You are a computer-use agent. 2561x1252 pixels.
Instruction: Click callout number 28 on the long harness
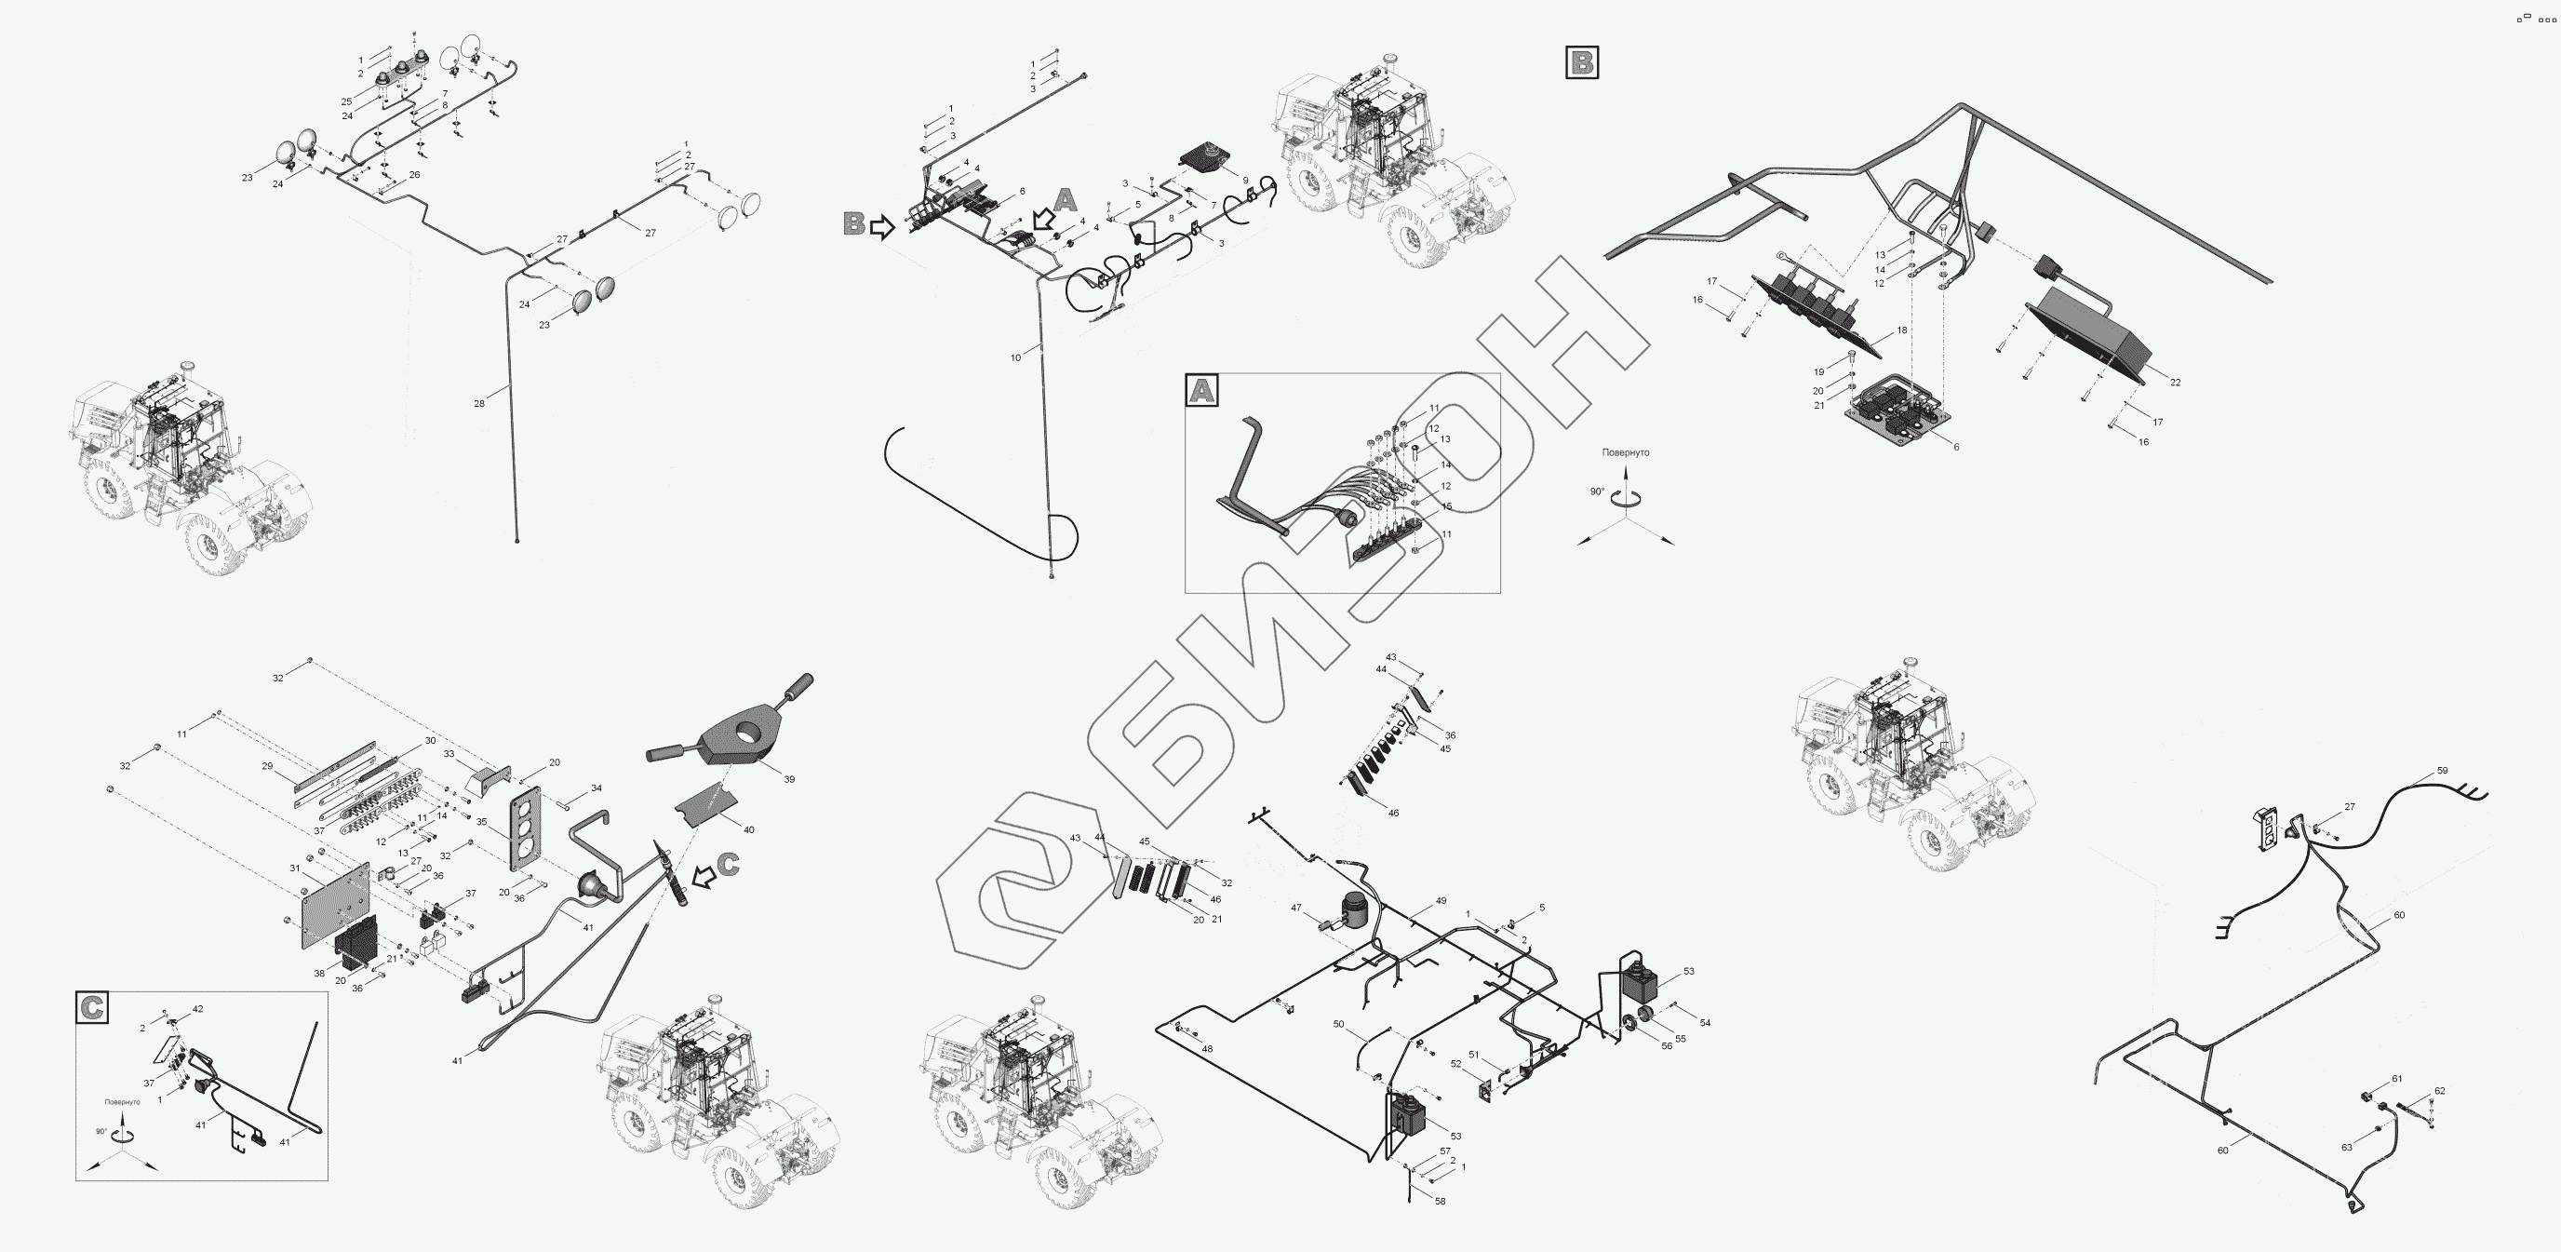[x=479, y=404]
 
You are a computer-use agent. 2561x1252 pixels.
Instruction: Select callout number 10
[x=1015, y=358]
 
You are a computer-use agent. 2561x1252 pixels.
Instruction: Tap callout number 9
[x=1245, y=181]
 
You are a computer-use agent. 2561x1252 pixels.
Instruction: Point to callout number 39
[x=789, y=780]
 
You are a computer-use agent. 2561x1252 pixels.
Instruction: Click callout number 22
[x=2175, y=383]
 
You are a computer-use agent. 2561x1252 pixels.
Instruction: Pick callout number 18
[x=1902, y=330]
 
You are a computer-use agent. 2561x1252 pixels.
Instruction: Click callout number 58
[x=1441, y=1202]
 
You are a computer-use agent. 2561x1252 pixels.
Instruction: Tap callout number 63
[x=2346, y=1148]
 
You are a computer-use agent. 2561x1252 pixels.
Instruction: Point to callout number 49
[x=1441, y=901]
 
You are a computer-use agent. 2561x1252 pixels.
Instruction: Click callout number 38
[x=319, y=974]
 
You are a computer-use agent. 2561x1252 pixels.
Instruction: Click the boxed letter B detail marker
[x=1582, y=62]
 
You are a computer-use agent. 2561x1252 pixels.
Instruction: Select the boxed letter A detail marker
[x=1202, y=391]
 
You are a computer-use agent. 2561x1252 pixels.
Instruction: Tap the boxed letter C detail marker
[x=92, y=1007]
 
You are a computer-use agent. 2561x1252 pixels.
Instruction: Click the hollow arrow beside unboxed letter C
[x=703, y=876]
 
